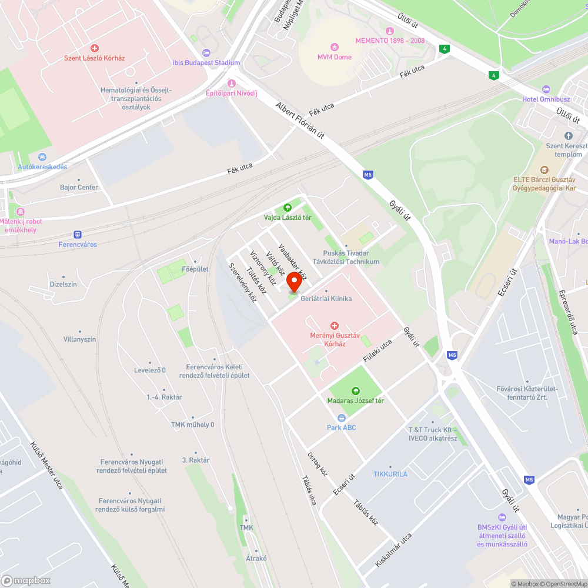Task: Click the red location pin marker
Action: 294,282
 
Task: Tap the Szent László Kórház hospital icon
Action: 94,48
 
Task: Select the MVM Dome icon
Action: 335,47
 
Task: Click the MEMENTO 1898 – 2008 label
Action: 390,41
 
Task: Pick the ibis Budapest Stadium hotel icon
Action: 205,53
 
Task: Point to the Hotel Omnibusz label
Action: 546,99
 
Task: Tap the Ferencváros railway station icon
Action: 78,234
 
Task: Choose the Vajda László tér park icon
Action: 287,208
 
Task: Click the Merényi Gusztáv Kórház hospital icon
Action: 334,325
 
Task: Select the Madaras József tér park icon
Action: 355,390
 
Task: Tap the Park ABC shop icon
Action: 341,417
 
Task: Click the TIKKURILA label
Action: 390,474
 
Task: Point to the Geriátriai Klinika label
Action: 326,299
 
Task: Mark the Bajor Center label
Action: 79,188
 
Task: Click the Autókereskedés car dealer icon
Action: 42,157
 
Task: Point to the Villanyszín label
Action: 80,339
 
